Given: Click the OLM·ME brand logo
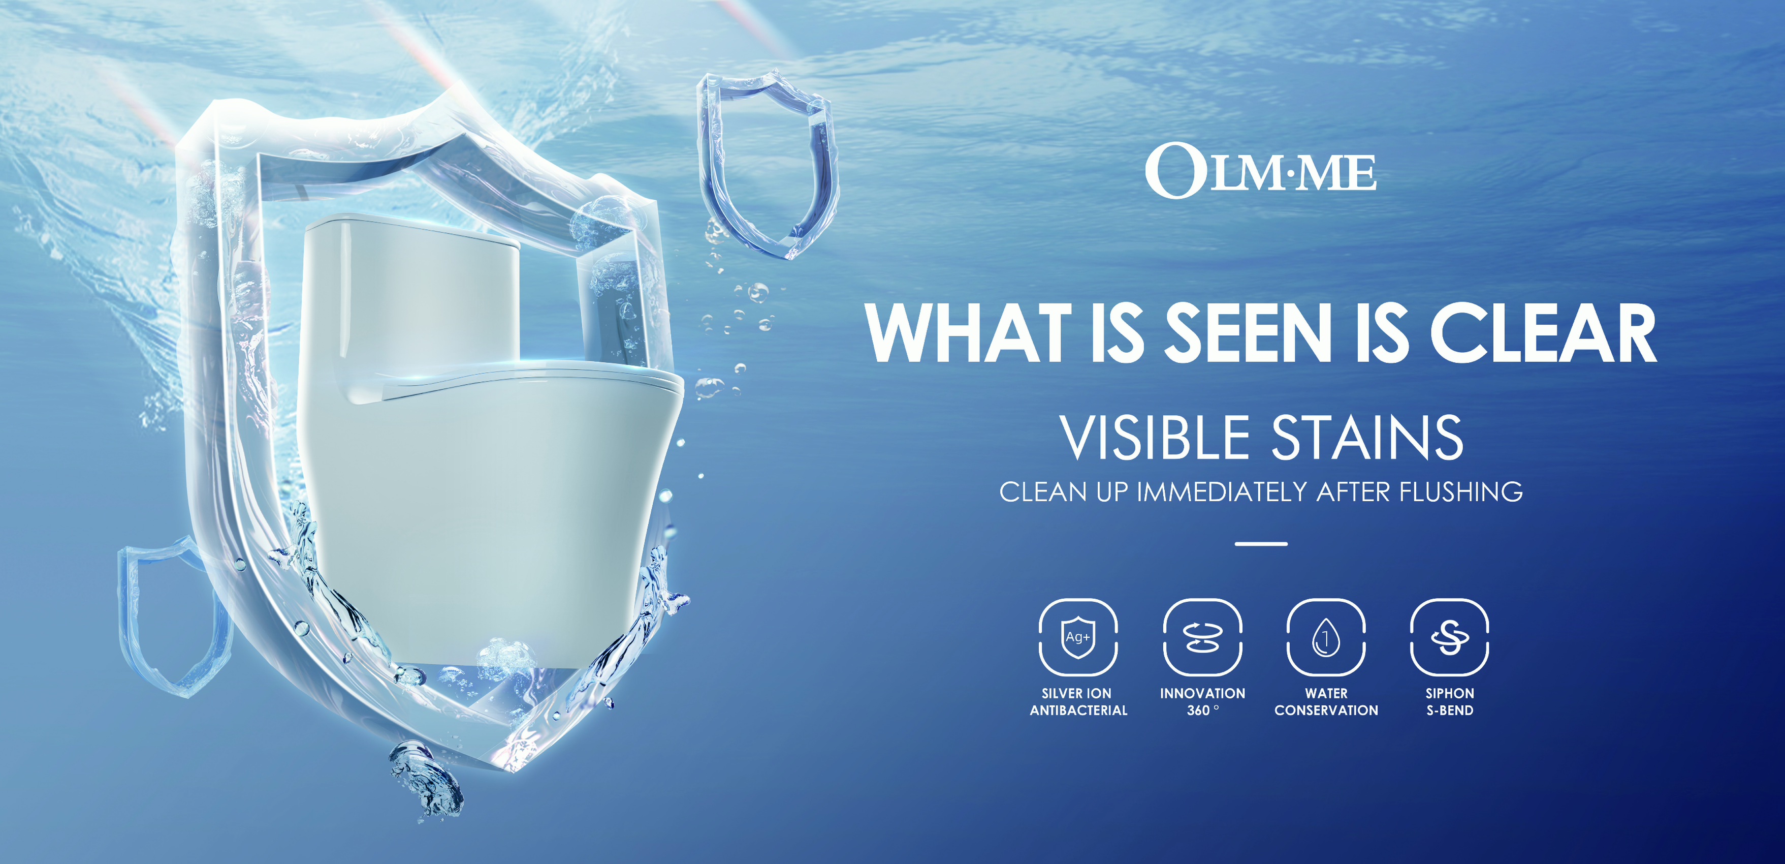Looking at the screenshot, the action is [x=1260, y=170].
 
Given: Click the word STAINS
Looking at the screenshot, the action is [x=1367, y=438].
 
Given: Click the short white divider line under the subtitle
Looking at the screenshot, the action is [x=1261, y=544].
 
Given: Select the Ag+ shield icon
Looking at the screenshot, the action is [x=1077, y=636].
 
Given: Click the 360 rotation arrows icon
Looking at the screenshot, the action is [x=1202, y=636].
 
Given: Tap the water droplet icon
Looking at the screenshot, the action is [x=1326, y=636].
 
